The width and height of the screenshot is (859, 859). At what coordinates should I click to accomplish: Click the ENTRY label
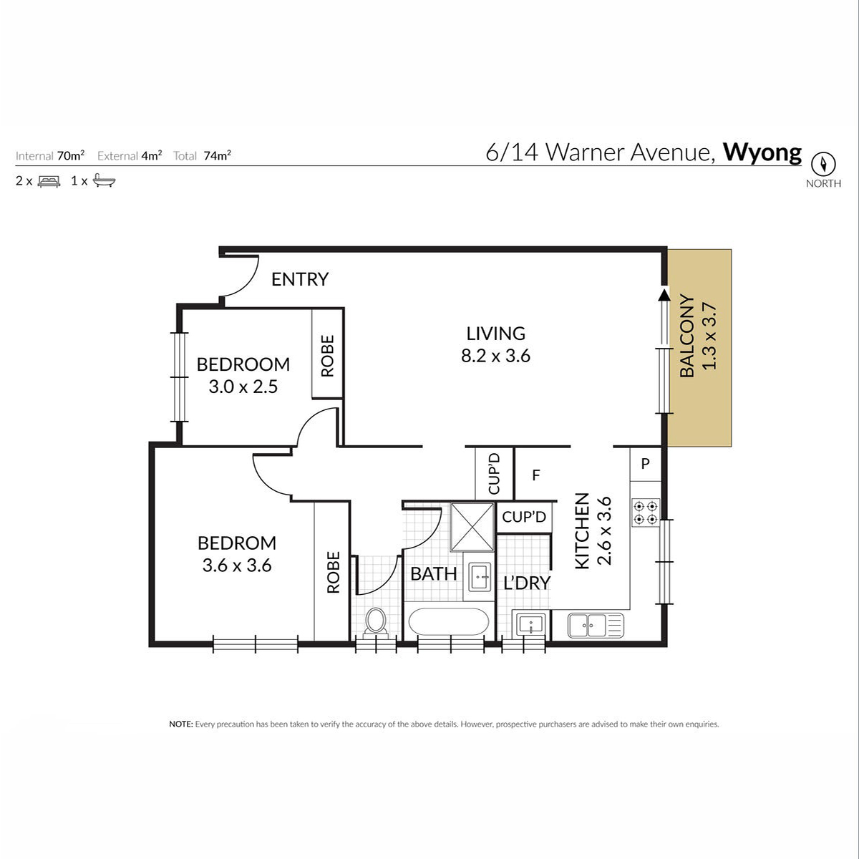299,279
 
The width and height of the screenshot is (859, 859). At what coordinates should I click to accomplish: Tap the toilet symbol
376,621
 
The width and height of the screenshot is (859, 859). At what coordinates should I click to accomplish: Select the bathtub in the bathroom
448,621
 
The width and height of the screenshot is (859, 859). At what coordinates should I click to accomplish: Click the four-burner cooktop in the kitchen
646,513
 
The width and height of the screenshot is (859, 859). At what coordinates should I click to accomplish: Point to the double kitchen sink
596,625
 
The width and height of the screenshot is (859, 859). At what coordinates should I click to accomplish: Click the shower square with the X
472,527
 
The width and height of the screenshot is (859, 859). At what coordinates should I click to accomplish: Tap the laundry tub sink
531,623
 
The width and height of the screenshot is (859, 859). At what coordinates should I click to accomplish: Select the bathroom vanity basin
480,577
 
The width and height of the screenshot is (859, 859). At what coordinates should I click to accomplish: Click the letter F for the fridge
536,475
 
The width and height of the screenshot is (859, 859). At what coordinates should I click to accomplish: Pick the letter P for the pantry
645,464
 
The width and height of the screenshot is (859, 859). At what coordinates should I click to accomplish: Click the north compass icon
823,164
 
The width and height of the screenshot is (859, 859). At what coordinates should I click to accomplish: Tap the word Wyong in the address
762,153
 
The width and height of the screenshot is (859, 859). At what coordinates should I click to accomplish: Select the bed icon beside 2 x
49,181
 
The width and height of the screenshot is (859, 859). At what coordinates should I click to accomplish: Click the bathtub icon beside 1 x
104,180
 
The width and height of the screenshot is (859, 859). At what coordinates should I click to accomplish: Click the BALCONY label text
687,336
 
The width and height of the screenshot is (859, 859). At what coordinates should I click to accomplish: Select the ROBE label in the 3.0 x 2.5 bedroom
327,356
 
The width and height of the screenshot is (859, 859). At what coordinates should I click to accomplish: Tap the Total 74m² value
217,155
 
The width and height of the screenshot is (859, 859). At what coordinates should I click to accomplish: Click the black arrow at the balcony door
664,295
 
